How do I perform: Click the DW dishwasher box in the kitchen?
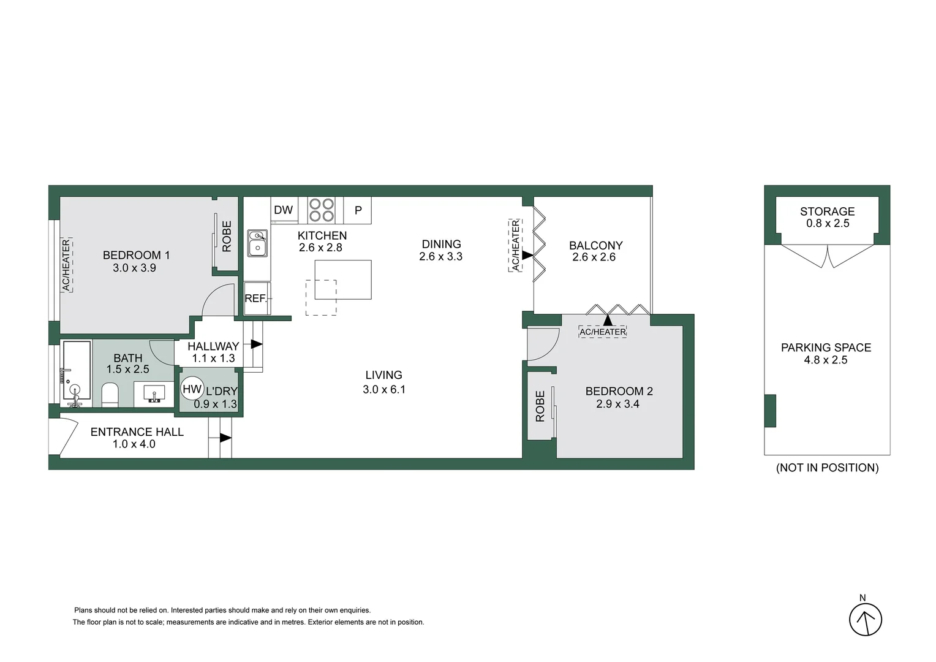tap(284, 210)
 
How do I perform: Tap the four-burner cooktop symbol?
tap(321, 210)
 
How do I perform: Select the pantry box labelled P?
tap(358, 210)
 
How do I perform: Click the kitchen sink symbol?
tap(257, 243)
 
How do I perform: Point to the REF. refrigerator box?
tap(256, 299)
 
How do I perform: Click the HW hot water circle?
tap(192, 389)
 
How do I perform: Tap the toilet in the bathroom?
tap(110, 395)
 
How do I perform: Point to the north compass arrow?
tap(865, 619)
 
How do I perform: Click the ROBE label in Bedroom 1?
tap(227, 236)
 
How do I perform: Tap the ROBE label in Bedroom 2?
tap(540, 406)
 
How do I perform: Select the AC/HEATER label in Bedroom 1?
tap(66, 265)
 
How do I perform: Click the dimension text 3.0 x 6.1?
tap(384, 389)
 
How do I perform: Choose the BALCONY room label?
tap(595, 245)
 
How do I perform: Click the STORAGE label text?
tap(827, 211)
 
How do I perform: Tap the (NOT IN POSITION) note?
tap(827, 468)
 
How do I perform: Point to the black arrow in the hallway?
tap(257, 344)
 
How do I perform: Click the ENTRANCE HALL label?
tap(137, 432)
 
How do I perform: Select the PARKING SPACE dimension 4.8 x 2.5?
tap(826, 360)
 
